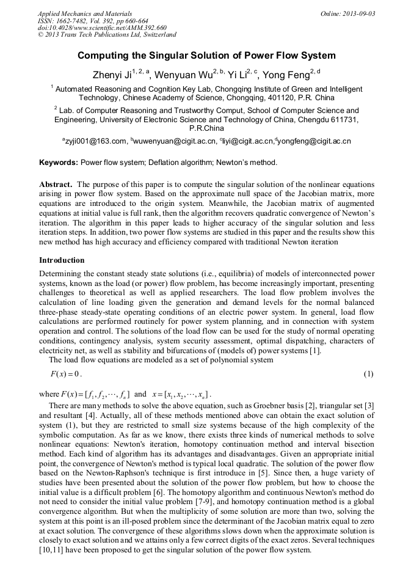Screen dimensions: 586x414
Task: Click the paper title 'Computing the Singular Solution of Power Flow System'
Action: point(206,56)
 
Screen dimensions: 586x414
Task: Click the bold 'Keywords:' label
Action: point(59,163)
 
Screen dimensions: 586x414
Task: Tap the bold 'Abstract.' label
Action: point(57,184)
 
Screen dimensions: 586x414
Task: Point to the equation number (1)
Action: point(368,373)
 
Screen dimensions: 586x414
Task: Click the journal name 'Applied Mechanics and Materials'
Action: point(84,13)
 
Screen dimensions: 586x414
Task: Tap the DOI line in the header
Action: point(102,28)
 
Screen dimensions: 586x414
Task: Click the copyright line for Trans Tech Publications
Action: point(107,35)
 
